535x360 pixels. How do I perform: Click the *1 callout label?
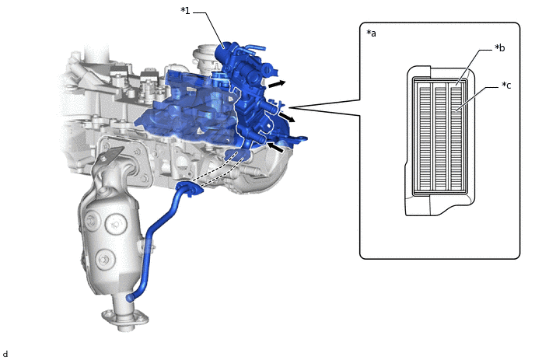[185, 11]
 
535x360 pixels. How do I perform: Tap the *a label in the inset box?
[371, 33]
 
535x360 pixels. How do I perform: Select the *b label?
[500, 48]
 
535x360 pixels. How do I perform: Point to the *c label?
[506, 86]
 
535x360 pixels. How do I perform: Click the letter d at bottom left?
[5, 354]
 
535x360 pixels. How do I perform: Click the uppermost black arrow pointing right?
[277, 84]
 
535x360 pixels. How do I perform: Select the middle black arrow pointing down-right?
[287, 117]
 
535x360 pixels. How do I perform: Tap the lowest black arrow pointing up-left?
[275, 148]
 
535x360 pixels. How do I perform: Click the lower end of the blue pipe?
[130, 299]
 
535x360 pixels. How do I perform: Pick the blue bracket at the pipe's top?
[189, 189]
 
